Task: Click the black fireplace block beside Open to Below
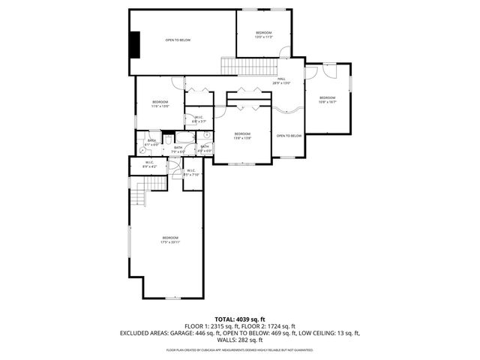pos(134,44)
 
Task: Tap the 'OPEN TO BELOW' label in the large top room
pos(178,40)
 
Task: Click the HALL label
pos(282,80)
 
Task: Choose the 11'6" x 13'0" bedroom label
pos(160,103)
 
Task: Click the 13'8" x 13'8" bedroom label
pos(241,136)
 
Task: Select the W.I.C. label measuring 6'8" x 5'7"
pos(199,118)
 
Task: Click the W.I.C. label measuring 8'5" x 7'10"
pos(191,172)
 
